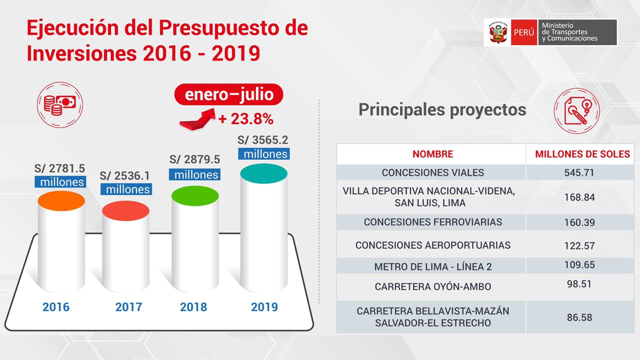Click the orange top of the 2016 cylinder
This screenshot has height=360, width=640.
61,199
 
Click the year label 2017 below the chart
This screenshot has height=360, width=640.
128,306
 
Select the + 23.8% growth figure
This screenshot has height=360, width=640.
245,119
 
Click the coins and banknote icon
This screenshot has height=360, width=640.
59,104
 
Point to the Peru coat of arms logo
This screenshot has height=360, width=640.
496,32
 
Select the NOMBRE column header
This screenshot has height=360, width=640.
432,154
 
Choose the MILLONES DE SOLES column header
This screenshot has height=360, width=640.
582,154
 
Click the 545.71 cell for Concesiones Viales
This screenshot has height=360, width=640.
579,172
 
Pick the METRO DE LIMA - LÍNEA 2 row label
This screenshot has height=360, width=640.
432,266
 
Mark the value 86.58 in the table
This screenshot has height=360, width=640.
579,317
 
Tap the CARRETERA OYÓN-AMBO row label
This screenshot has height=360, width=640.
432,286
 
